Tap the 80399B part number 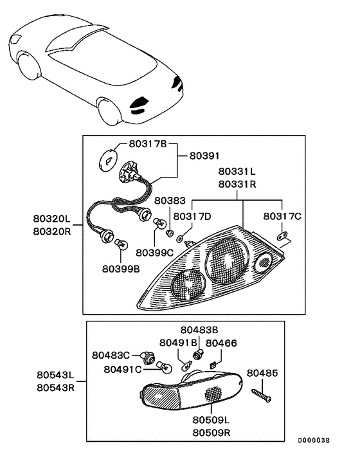click(x=120, y=269)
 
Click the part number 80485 click(x=262, y=372)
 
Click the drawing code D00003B click(x=313, y=440)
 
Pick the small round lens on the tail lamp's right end click(x=264, y=262)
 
